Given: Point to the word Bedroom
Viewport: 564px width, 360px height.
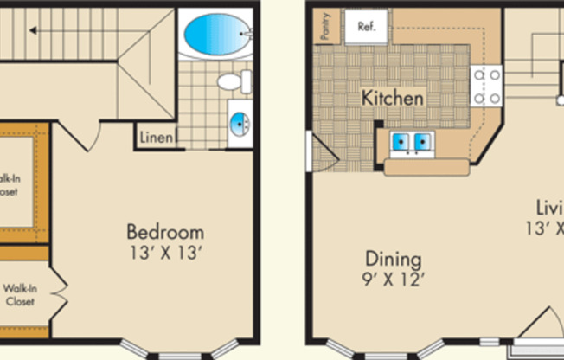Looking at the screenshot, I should click(x=165, y=232).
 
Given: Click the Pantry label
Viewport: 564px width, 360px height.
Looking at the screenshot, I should click(x=325, y=27).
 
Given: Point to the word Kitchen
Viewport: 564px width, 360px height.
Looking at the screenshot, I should click(x=393, y=98).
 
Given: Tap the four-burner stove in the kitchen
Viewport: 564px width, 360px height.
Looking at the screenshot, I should click(x=486, y=86).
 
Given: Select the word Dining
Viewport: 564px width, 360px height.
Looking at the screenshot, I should click(x=393, y=259).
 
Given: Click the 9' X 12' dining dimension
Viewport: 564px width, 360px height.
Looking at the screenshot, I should click(x=393, y=279).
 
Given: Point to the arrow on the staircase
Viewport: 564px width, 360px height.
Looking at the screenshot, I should click(x=33, y=30).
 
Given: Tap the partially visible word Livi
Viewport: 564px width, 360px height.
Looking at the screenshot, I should click(x=548, y=208).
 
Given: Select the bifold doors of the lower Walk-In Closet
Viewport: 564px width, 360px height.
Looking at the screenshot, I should click(x=57, y=292).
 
